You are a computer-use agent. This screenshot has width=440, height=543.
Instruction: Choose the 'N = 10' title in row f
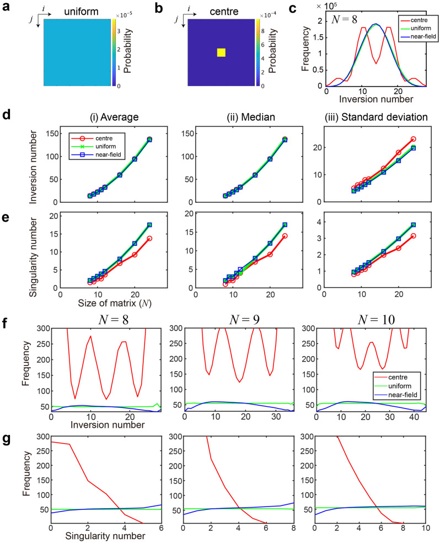(x=380, y=319)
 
